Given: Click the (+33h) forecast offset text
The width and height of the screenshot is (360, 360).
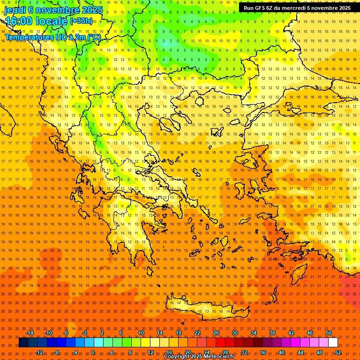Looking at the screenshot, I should coord(81,21).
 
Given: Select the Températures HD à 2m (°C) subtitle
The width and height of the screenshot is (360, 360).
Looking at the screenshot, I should coord(52,37).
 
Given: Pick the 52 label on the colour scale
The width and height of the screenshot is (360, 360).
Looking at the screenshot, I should coord(338,352).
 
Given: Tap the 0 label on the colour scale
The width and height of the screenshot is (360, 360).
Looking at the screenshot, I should coord(93,352).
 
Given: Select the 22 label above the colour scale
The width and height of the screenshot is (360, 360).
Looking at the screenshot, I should coord(197,333).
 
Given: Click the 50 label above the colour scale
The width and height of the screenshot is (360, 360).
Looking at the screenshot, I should coord(328,333).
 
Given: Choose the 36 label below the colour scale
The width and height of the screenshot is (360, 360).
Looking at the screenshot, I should coord(263,352).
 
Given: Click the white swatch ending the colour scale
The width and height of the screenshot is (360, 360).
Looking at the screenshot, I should coord(333,343).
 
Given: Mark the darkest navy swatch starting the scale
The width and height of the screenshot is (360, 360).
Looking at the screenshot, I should coord(23,343).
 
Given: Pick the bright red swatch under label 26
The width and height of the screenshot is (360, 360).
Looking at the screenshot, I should coord(220,343).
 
